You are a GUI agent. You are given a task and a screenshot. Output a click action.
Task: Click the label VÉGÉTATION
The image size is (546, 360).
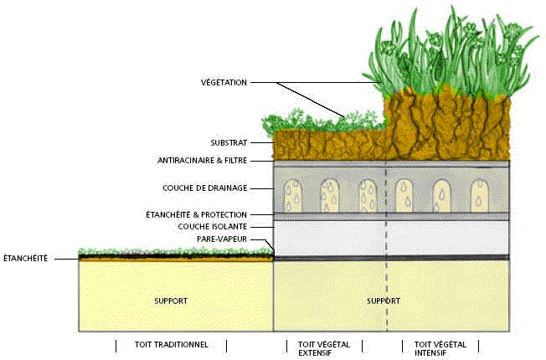[x=224, y=82]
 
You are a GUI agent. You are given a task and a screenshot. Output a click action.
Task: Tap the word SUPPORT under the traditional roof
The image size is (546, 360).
[x=171, y=300]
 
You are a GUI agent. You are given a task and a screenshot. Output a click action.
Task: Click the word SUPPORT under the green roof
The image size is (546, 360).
[x=383, y=300]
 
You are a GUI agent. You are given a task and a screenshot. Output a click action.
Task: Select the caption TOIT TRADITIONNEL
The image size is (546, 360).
[x=171, y=344]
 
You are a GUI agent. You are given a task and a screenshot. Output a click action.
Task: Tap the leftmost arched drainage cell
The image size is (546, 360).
[x=293, y=196]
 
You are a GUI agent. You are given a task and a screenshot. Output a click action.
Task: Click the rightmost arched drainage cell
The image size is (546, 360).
[x=479, y=196]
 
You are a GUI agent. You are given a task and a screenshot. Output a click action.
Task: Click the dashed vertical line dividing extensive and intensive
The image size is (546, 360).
[x=386, y=251]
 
